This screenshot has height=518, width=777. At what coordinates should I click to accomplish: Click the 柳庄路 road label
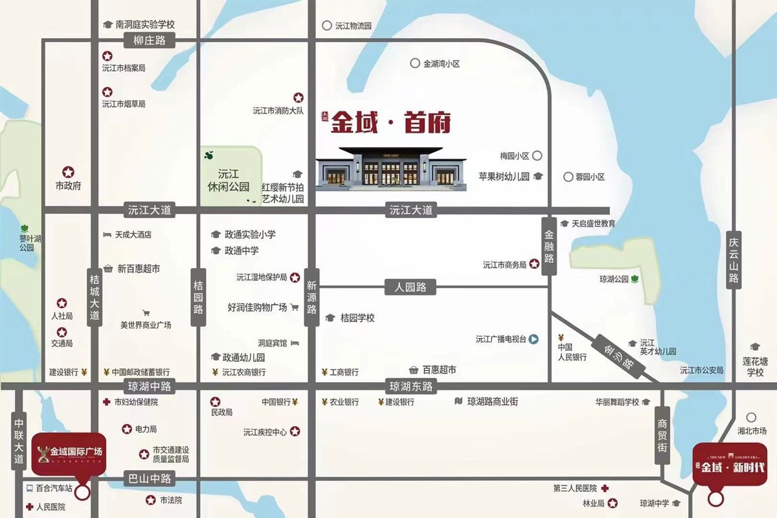150,41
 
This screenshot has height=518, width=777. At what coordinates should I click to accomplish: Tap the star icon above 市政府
68,173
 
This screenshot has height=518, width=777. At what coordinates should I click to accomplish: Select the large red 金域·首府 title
390,123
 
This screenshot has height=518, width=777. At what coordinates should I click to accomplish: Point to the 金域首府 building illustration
391,169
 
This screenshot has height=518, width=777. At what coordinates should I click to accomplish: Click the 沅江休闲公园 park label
229,180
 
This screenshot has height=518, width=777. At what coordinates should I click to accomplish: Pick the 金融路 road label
549,245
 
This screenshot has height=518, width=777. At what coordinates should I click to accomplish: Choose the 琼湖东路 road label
411,387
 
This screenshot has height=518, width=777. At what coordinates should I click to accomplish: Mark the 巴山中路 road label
150,479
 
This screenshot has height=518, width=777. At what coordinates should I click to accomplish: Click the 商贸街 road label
662,435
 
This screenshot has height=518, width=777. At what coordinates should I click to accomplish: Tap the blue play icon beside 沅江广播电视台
534,339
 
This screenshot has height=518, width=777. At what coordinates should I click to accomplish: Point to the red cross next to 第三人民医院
605,488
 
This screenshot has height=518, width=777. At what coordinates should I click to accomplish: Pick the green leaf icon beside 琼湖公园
635,279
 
